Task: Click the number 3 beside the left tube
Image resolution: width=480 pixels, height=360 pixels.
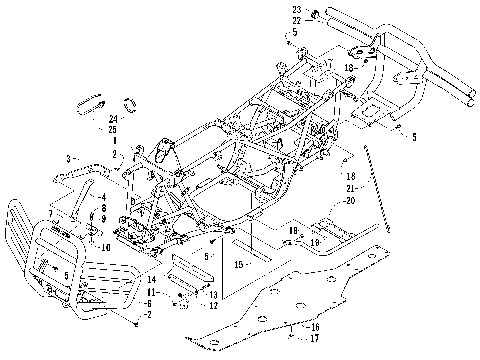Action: (x=68, y=159)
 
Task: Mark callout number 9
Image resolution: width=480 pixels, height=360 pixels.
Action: (x=104, y=218)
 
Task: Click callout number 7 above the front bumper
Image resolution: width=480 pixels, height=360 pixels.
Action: (x=50, y=214)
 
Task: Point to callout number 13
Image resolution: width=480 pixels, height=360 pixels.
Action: (x=213, y=295)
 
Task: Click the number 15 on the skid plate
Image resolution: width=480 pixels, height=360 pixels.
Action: (x=238, y=265)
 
